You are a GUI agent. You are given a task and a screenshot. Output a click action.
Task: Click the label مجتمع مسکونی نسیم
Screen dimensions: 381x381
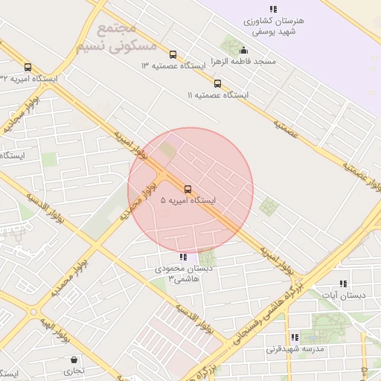pyautogui.click(x=107, y=37)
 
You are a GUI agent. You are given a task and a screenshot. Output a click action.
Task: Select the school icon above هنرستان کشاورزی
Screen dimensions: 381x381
pyautogui.click(x=273, y=9)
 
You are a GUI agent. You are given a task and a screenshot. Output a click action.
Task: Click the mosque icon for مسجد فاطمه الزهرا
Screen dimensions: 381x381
pyautogui.click(x=244, y=50)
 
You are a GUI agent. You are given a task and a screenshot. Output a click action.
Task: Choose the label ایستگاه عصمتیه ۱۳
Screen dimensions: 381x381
pyautogui.click(x=173, y=65)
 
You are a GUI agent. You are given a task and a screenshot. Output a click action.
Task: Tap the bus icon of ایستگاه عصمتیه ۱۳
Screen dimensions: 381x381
pyautogui.click(x=173, y=54)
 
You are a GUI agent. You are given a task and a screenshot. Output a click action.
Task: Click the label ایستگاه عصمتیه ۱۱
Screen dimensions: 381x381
pyautogui.click(x=217, y=95)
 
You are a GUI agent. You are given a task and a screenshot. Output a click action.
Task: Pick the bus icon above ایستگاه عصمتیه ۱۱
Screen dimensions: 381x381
pyautogui.click(x=217, y=83)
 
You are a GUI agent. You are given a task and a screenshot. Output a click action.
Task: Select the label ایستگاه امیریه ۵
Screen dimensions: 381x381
pyautogui.click(x=188, y=201)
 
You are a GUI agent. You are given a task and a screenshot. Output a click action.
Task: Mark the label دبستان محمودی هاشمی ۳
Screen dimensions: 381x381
pyautogui.click(x=184, y=273)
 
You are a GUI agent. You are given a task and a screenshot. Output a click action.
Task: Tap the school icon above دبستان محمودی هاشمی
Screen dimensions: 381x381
pyautogui.click(x=183, y=257)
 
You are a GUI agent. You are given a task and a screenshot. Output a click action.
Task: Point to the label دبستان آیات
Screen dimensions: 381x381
pyautogui.click(x=343, y=295)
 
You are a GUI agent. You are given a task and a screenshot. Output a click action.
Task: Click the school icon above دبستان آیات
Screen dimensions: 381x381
pyautogui.click(x=343, y=284)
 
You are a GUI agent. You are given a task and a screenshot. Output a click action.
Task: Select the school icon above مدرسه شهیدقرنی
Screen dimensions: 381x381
pyautogui.click(x=295, y=337)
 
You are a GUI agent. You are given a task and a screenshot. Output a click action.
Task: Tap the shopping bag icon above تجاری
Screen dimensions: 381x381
pyautogui.click(x=74, y=359)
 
